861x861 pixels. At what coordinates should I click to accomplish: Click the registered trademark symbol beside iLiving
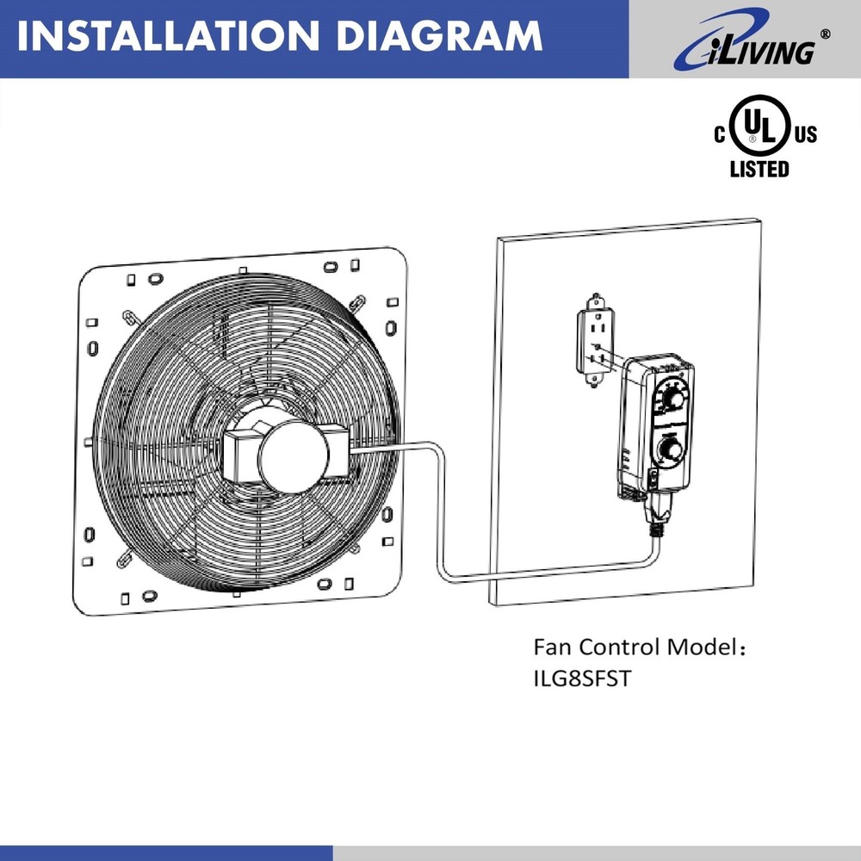(826, 34)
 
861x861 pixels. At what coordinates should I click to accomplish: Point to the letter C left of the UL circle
(721, 135)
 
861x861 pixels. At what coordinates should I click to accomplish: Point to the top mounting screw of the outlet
(594, 301)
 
